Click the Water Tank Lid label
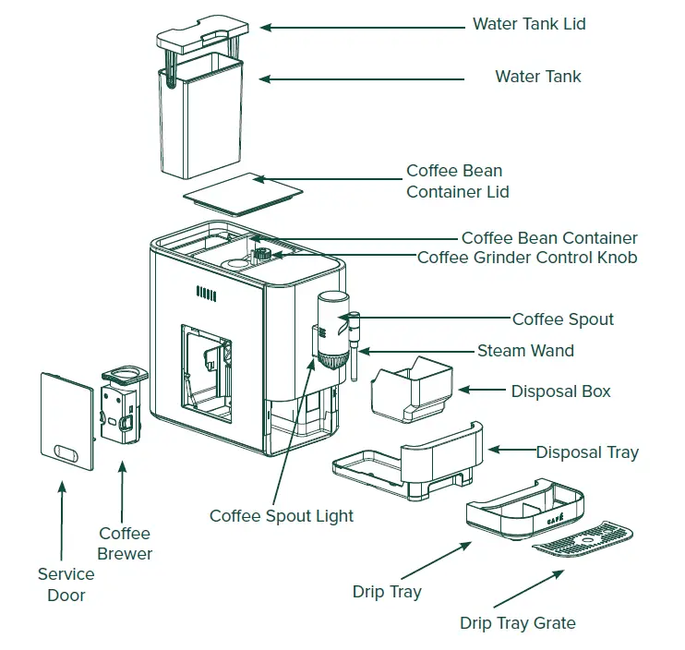(x=529, y=24)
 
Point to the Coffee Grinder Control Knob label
(x=526, y=258)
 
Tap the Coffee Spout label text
(x=562, y=319)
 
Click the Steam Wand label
(x=524, y=351)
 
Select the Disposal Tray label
(x=586, y=452)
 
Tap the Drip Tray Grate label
(x=517, y=623)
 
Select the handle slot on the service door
(x=68, y=452)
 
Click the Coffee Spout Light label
(x=281, y=516)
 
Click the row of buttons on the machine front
(x=207, y=294)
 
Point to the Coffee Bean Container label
(x=548, y=238)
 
